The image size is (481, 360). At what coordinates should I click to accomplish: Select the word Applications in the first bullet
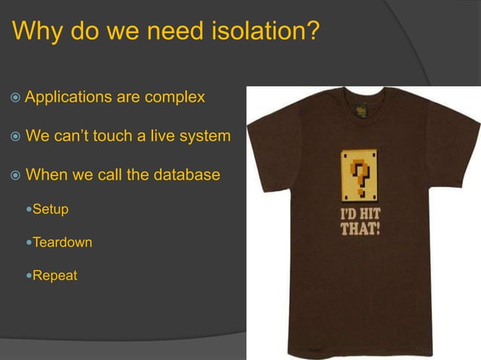click(x=69, y=98)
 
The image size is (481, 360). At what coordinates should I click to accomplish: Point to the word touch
click(x=108, y=137)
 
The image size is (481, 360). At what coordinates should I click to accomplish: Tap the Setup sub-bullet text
click(x=50, y=209)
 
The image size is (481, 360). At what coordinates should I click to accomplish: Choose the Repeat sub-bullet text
click(x=55, y=276)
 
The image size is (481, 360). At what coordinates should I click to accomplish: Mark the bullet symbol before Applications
click(x=15, y=99)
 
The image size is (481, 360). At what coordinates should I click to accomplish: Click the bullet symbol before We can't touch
click(x=15, y=138)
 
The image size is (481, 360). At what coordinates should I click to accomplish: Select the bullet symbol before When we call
click(x=15, y=175)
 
